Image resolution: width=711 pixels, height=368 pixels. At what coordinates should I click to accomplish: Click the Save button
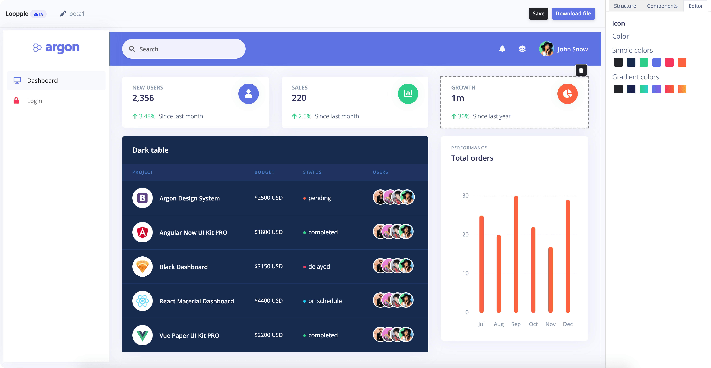pos(538,14)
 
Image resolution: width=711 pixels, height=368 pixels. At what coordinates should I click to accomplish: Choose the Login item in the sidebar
pos(35,101)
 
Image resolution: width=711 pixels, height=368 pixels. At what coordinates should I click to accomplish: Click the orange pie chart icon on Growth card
pos(567,94)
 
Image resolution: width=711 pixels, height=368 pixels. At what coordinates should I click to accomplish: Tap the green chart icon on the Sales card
pos(408,94)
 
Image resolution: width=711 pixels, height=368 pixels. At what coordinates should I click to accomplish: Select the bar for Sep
pos(516,254)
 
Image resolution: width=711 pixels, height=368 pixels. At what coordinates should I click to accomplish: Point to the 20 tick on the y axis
pos(465,234)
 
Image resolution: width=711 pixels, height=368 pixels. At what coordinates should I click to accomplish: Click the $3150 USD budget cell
pos(268,266)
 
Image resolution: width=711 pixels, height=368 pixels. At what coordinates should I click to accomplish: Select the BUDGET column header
pos(264,172)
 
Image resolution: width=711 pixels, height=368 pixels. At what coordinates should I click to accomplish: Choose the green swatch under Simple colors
pos(644,62)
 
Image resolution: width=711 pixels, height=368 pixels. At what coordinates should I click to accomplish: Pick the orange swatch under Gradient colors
pos(682,89)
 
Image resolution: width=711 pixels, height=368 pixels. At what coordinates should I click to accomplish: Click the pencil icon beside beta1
pos(63,14)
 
